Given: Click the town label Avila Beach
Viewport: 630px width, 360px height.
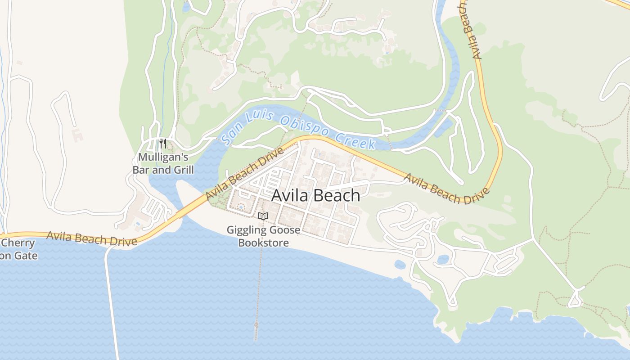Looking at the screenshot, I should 316,196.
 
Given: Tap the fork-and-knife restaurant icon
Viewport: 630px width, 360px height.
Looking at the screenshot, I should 163,144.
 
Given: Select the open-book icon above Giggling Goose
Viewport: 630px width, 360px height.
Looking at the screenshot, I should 263,216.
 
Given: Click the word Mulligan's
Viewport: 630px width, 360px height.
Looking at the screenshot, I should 163,157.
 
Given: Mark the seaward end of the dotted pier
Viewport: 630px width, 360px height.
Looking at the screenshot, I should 256,324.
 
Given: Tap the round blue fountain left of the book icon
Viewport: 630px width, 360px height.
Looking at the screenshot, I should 240,207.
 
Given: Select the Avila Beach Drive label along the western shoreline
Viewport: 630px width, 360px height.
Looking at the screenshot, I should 91,238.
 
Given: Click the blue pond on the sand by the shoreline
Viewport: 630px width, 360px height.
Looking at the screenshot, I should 399,265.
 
